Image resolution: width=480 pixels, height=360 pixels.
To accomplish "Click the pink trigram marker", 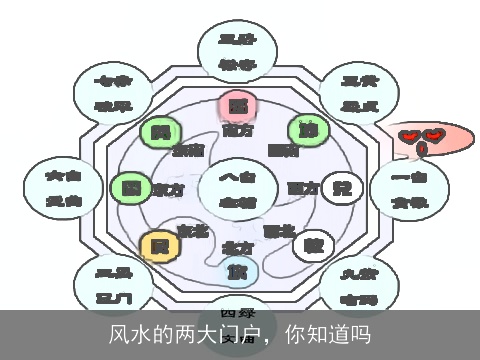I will (x=236, y=106).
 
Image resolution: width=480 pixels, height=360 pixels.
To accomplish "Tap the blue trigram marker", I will (x=236, y=270).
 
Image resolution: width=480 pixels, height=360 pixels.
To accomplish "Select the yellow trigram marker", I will (x=156, y=245).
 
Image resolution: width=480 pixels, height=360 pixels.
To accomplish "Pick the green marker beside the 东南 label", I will (x=157, y=131).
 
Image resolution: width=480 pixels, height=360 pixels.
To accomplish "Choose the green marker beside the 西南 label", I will (x=308, y=130).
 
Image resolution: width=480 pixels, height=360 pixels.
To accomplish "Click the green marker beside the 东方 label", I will (x=128, y=188).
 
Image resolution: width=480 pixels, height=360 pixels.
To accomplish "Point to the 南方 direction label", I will (x=237, y=130).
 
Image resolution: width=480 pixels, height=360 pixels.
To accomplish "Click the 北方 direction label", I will (x=237, y=247).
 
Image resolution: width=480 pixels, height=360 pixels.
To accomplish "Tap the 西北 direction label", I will (x=279, y=230).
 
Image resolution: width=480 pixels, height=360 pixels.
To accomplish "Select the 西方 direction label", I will (x=301, y=187).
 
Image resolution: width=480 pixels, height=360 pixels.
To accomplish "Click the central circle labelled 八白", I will (x=237, y=189).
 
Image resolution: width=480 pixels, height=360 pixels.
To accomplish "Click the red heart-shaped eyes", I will (x=421, y=136).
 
